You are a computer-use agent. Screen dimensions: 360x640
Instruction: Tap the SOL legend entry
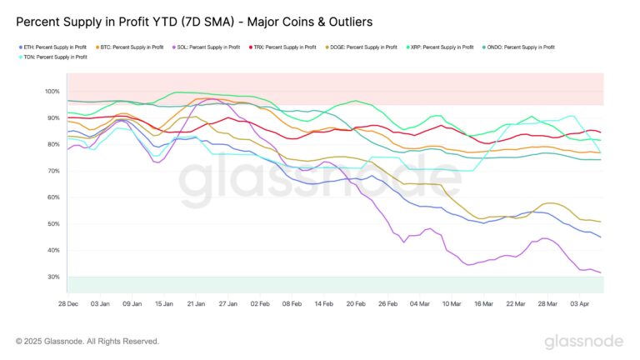204,47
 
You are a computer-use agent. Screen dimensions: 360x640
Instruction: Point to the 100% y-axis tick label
52,91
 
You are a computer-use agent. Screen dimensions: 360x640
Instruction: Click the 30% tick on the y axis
54,277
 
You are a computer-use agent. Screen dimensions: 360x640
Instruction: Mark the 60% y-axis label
54,197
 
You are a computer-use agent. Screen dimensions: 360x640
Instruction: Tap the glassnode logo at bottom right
583,342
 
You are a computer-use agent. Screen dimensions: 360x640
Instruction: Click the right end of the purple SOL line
601,272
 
